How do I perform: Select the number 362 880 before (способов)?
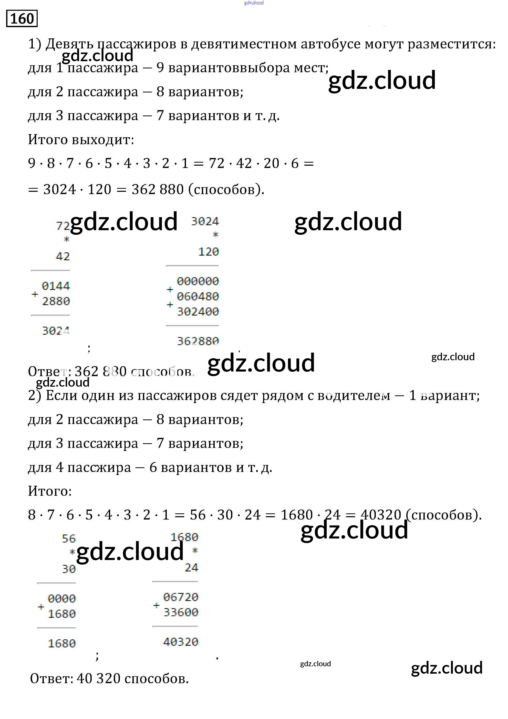[157, 189]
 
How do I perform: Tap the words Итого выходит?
[81, 140]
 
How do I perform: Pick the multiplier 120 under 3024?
[209, 252]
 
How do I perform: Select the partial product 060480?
[198, 296]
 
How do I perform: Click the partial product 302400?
[198, 312]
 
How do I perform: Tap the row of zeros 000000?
[198, 281]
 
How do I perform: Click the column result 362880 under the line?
[198, 341]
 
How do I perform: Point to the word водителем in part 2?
[354, 396]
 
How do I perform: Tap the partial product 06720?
[181, 597]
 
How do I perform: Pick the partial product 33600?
[181, 612]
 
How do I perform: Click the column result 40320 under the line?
[181, 642]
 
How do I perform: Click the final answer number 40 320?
[98, 679]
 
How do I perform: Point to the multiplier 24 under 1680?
[191, 567]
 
